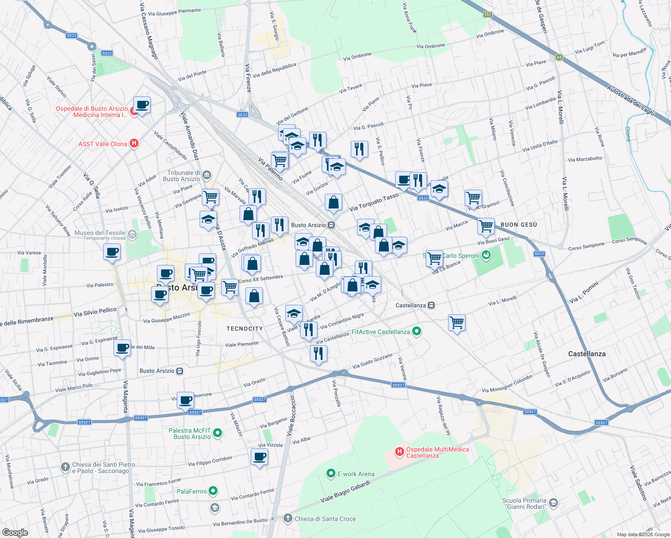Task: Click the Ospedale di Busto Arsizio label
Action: (x=91, y=112)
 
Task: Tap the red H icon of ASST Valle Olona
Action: (x=134, y=143)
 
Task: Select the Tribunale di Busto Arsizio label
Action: (x=183, y=176)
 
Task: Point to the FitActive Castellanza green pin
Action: (x=417, y=332)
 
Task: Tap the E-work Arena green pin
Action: (x=331, y=473)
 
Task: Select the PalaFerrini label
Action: (x=192, y=491)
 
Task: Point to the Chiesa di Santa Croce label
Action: (x=325, y=519)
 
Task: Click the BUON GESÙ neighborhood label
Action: (x=518, y=225)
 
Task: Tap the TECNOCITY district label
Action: (x=244, y=329)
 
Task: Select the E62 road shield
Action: (x=488, y=14)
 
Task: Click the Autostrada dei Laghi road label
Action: (x=630, y=100)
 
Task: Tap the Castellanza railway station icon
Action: (x=431, y=305)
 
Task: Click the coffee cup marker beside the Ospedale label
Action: (x=142, y=105)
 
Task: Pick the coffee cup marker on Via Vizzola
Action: (x=260, y=457)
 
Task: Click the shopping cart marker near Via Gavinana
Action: (x=210, y=196)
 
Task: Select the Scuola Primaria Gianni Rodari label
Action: (x=524, y=503)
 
